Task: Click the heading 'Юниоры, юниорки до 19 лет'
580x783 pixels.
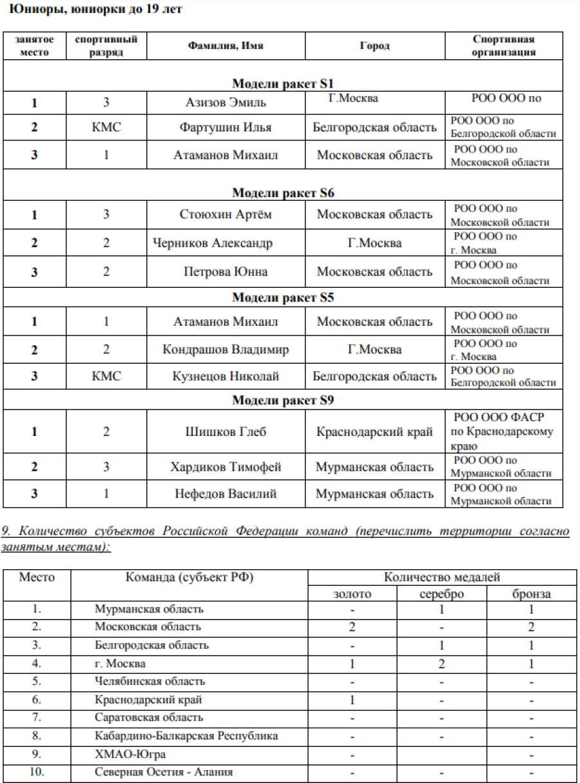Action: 95,10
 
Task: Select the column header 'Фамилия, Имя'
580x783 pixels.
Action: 226,46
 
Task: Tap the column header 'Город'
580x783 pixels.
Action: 374,46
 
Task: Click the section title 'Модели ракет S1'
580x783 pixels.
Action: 283,84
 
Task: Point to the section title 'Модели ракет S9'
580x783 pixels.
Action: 283,401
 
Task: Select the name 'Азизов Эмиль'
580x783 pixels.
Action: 223,102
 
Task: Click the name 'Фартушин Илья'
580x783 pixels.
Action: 226,127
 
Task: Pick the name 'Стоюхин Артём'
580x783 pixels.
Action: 226,214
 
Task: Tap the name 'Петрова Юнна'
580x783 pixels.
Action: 226,271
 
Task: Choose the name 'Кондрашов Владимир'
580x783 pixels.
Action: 226,350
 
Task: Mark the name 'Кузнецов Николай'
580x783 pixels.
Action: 226,376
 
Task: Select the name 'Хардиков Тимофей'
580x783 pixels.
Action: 226,467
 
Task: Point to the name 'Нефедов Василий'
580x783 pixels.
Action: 226,494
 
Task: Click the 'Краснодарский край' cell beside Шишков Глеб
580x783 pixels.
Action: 374,431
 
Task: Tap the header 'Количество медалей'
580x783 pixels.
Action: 441,577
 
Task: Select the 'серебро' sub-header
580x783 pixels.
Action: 441,594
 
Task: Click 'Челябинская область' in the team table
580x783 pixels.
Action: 150,681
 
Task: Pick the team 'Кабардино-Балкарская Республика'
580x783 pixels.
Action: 186,735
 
